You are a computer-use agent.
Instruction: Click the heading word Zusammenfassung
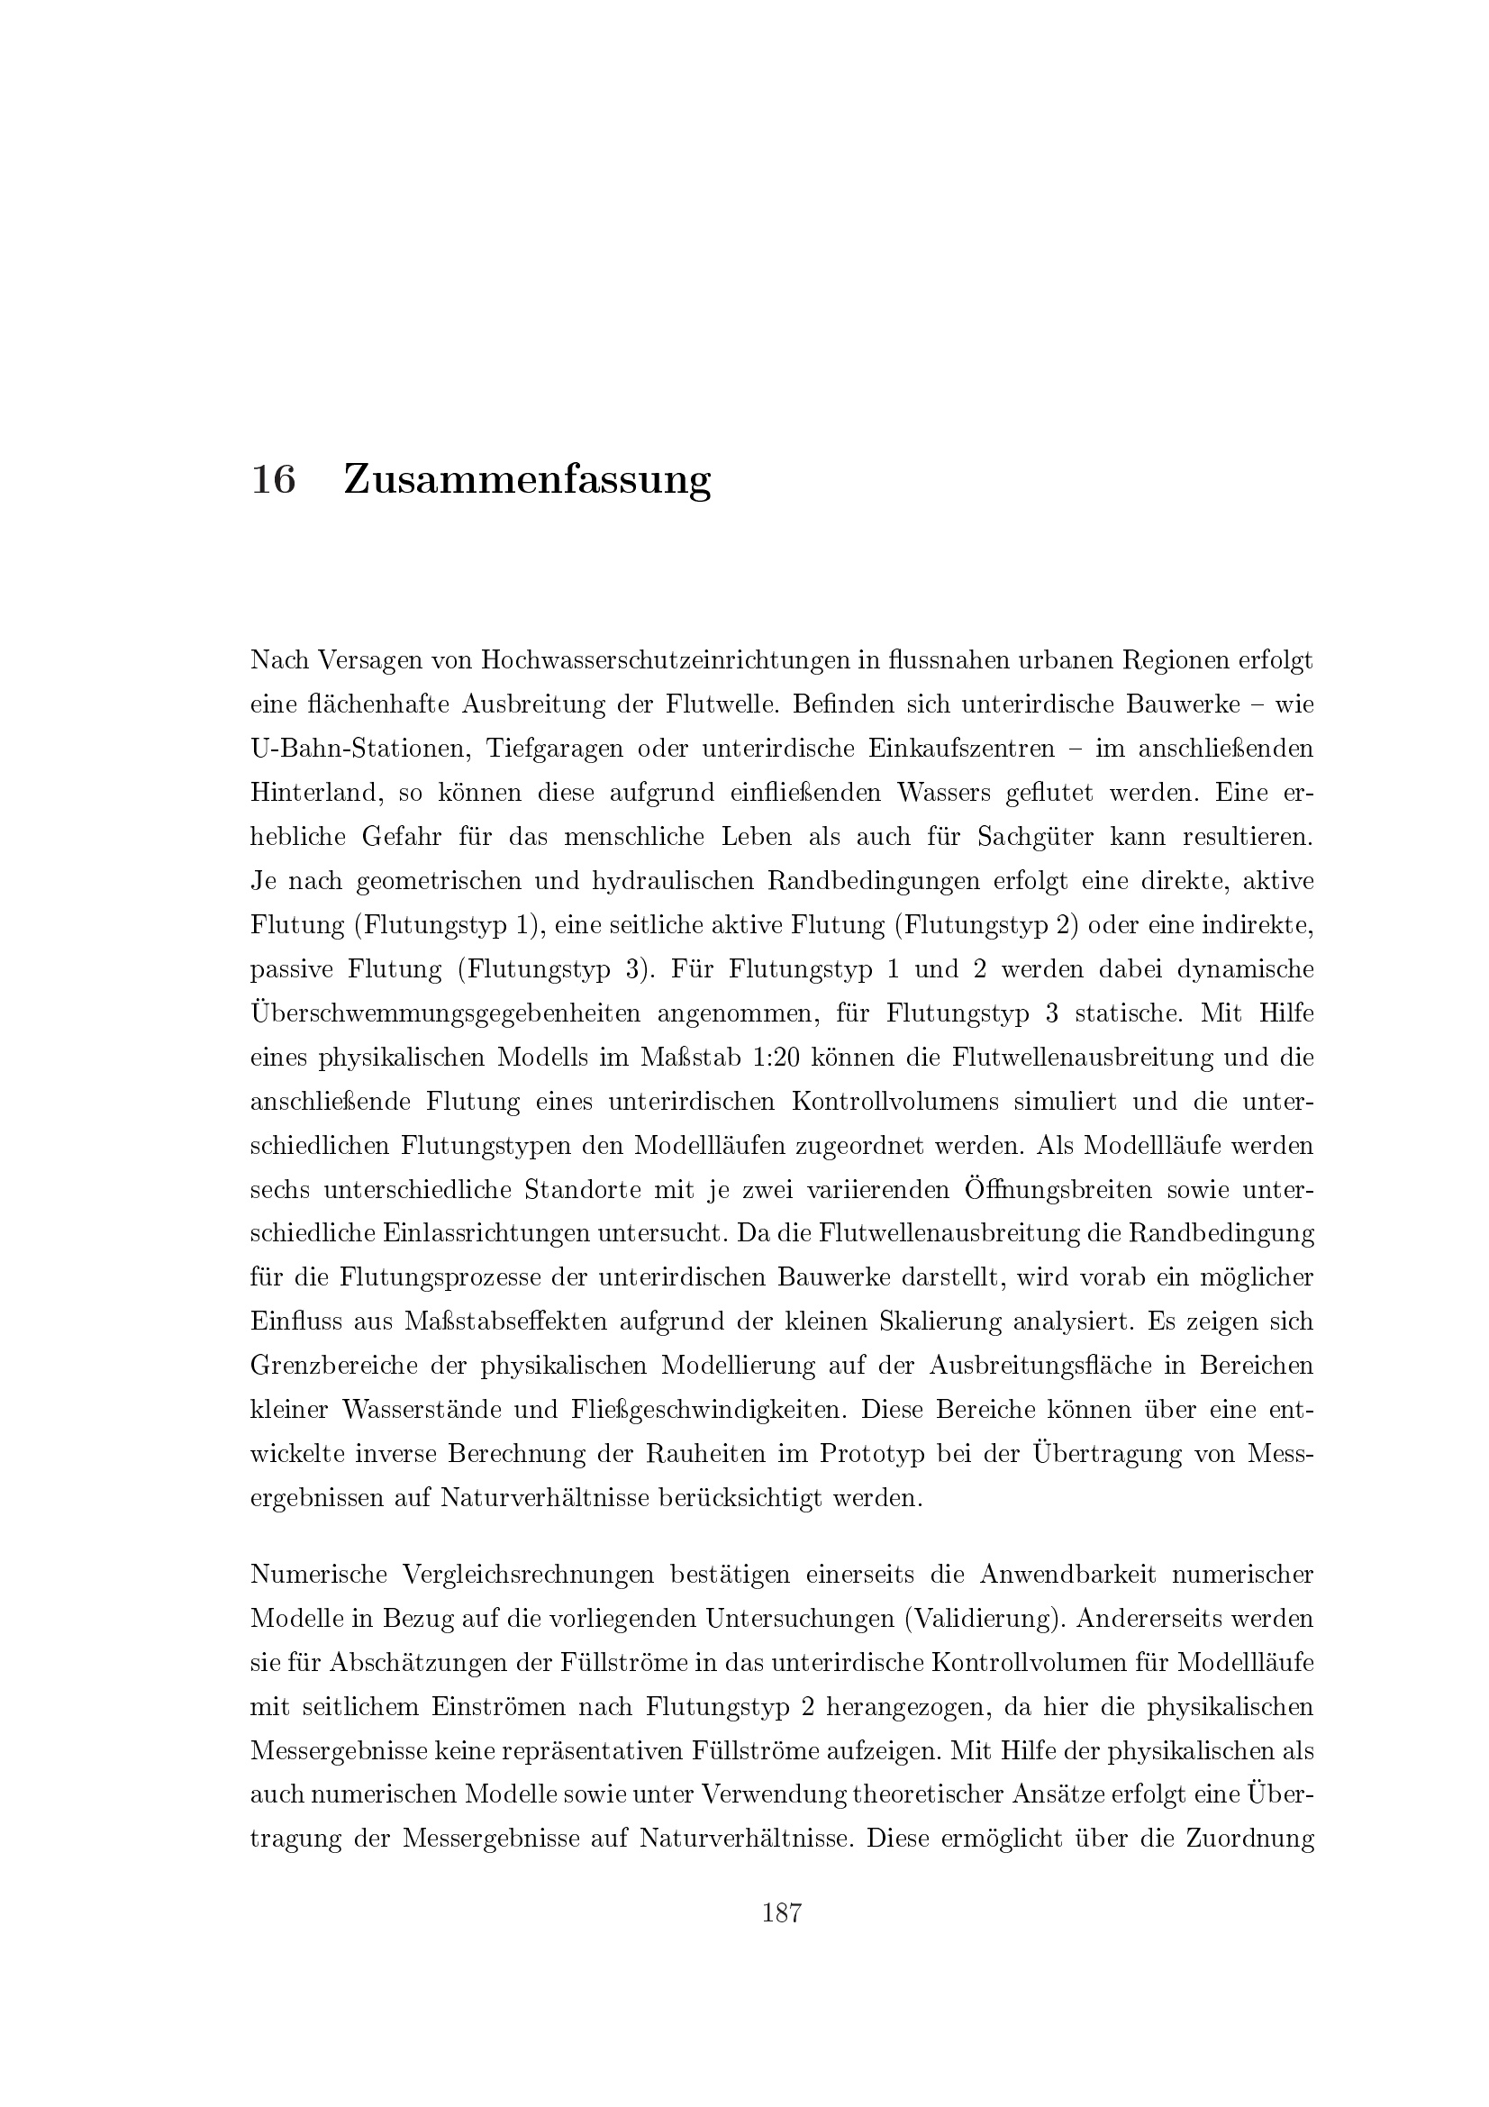pos(527,481)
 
